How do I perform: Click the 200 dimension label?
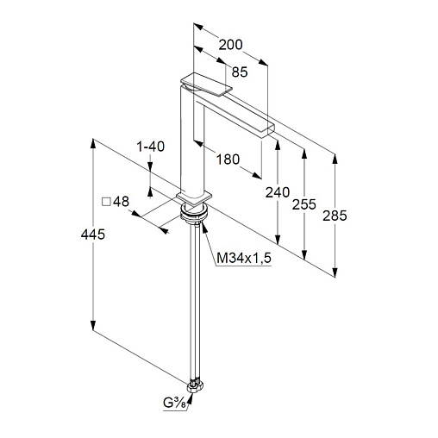[230, 45]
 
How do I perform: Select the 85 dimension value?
[240, 72]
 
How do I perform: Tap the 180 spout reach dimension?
[228, 160]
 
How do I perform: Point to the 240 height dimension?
[278, 192]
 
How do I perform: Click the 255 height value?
[304, 204]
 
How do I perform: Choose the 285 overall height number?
[335, 216]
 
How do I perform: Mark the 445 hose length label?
[93, 235]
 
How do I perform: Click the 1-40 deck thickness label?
[150, 147]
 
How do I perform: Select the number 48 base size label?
[121, 202]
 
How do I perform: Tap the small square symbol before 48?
[106, 202]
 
